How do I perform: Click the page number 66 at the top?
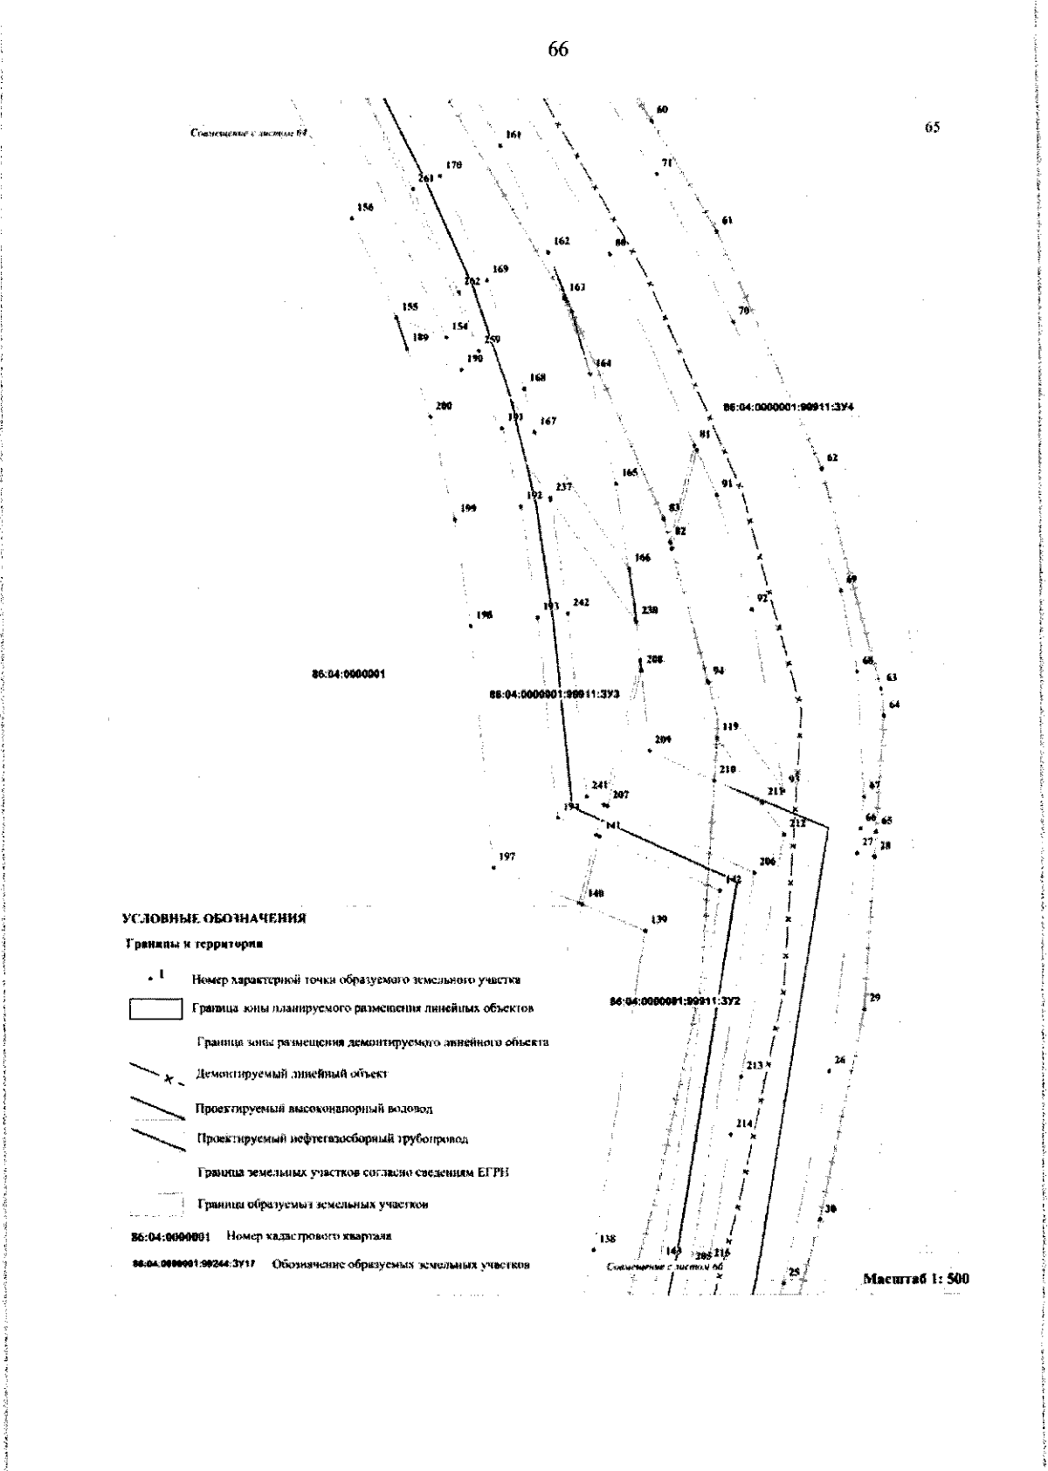558,50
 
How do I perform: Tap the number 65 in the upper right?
932,127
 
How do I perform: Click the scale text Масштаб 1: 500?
916,1279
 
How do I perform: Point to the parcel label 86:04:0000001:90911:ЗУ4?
789,407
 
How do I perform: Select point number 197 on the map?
506,857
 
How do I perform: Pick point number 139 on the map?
658,919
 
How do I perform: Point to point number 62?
831,457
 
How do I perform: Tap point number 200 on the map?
443,406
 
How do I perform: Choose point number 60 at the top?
662,110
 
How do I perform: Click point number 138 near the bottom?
607,1239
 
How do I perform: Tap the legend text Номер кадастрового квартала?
308,1236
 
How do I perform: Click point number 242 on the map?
581,602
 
